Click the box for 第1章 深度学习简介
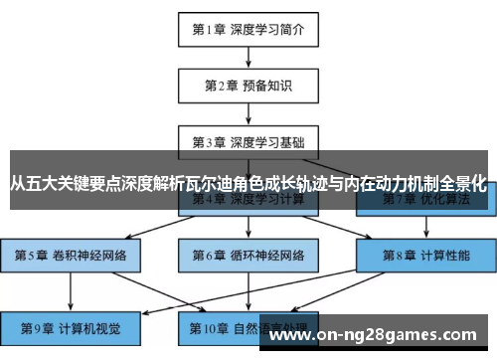point(248,30)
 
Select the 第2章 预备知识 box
point(248,86)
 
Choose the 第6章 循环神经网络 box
point(248,256)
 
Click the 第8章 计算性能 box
point(426,256)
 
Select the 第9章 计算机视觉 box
point(70,325)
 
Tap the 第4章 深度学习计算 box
point(248,200)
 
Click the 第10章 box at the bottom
point(248,325)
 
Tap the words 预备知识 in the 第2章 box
point(267,86)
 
